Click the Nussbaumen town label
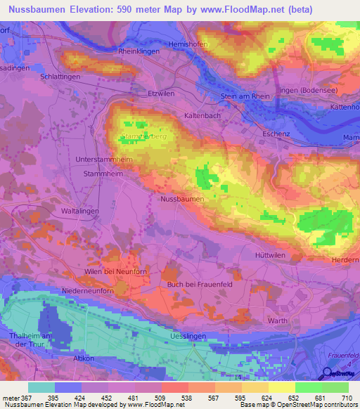(182, 200)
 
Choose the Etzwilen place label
(159, 93)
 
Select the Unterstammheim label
(104, 160)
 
